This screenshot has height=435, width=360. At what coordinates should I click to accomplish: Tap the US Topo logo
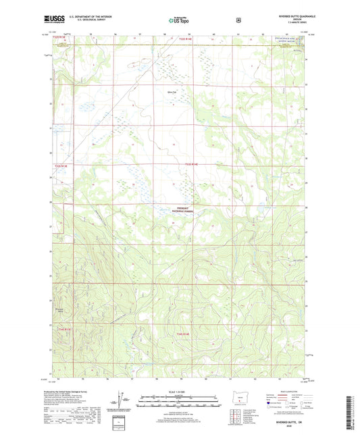point(180,21)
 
